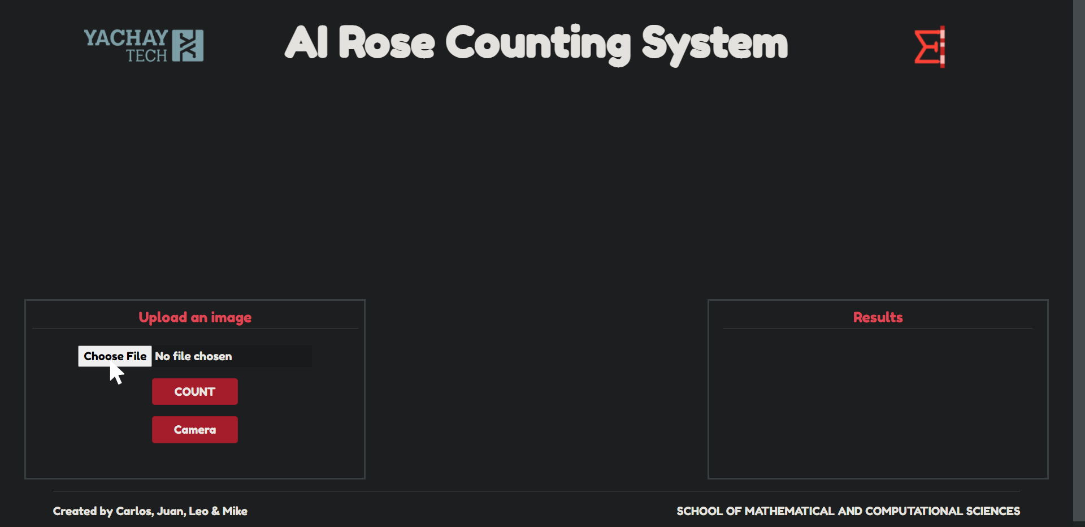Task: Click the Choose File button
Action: [x=115, y=356]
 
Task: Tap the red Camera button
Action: [x=195, y=430]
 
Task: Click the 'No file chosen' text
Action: [x=193, y=356]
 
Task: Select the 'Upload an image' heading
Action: [x=195, y=317]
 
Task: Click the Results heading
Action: [x=878, y=317]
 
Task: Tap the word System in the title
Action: [x=714, y=43]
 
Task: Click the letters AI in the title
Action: [x=306, y=43]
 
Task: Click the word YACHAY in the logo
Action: [x=125, y=38]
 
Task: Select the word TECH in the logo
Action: [x=146, y=55]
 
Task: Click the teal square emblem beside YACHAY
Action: [x=188, y=46]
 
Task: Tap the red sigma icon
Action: [x=929, y=47]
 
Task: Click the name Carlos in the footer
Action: [x=134, y=511]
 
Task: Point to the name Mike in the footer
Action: [x=235, y=511]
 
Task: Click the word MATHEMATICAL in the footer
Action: [x=789, y=511]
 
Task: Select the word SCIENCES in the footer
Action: [x=992, y=511]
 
